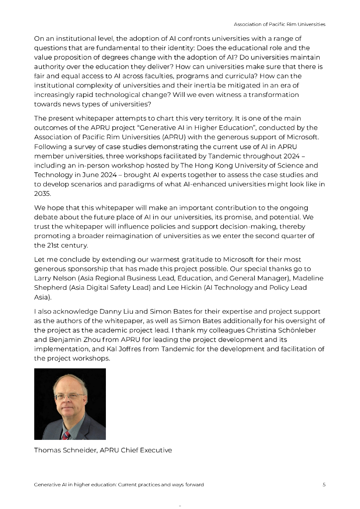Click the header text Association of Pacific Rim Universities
pyautogui.click(x=280, y=24)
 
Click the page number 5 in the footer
pyautogui.click(x=324, y=485)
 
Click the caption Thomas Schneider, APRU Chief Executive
pyautogui.click(x=103, y=450)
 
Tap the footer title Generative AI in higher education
pyautogui.click(x=119, y=485)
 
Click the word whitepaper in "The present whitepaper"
pyautogui.click(x=94, y=118)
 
